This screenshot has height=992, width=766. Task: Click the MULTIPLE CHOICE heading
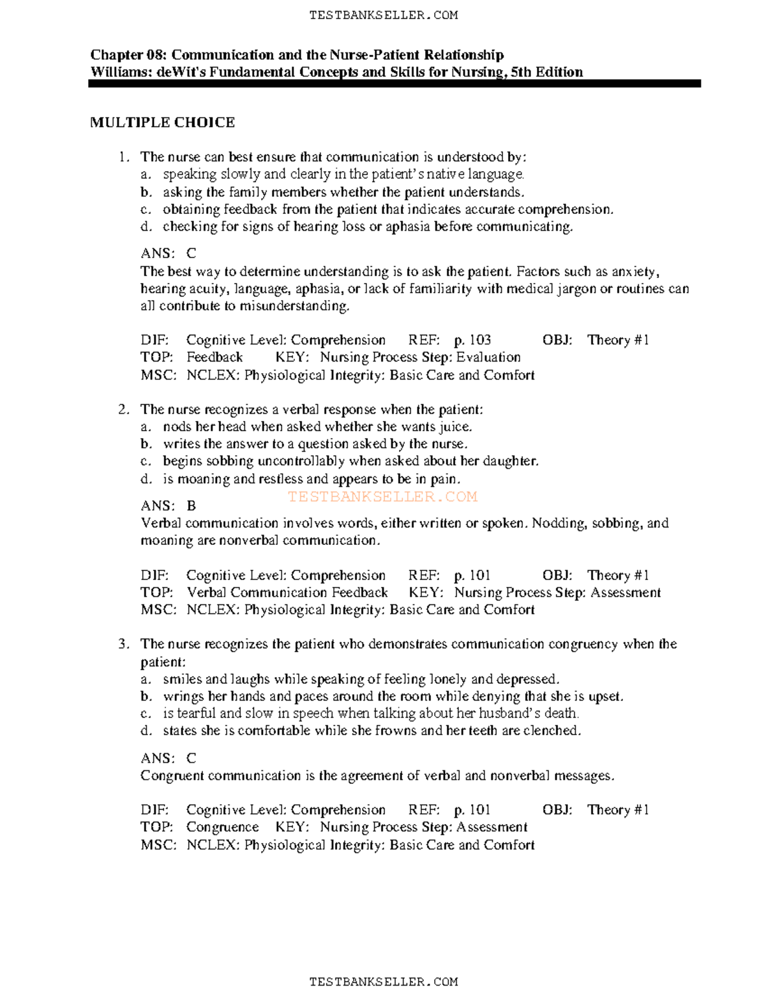click(x=162, y=123)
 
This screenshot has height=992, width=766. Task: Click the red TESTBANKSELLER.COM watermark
click(x=382, y=496)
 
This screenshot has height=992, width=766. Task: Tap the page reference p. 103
click(x=472, y=340)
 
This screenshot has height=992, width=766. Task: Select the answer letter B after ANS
click(x=191, y=506)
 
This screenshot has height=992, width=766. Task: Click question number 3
click(x=123, y=644)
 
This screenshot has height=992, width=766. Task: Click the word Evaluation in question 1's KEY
click(x=488, y=357)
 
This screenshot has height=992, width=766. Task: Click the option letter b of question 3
click(x=146, y=696)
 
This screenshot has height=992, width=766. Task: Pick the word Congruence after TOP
click(x=222, y=827)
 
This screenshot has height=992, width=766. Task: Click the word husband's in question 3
click(x=486, y=713)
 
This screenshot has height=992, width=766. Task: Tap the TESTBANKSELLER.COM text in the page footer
click(x=383, y=982)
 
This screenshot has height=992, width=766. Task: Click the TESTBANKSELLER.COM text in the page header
click(x=383, y=15)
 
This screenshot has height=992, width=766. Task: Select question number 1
click(x=123, y=157)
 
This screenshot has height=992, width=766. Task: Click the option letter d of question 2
click(x=146, y=479)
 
